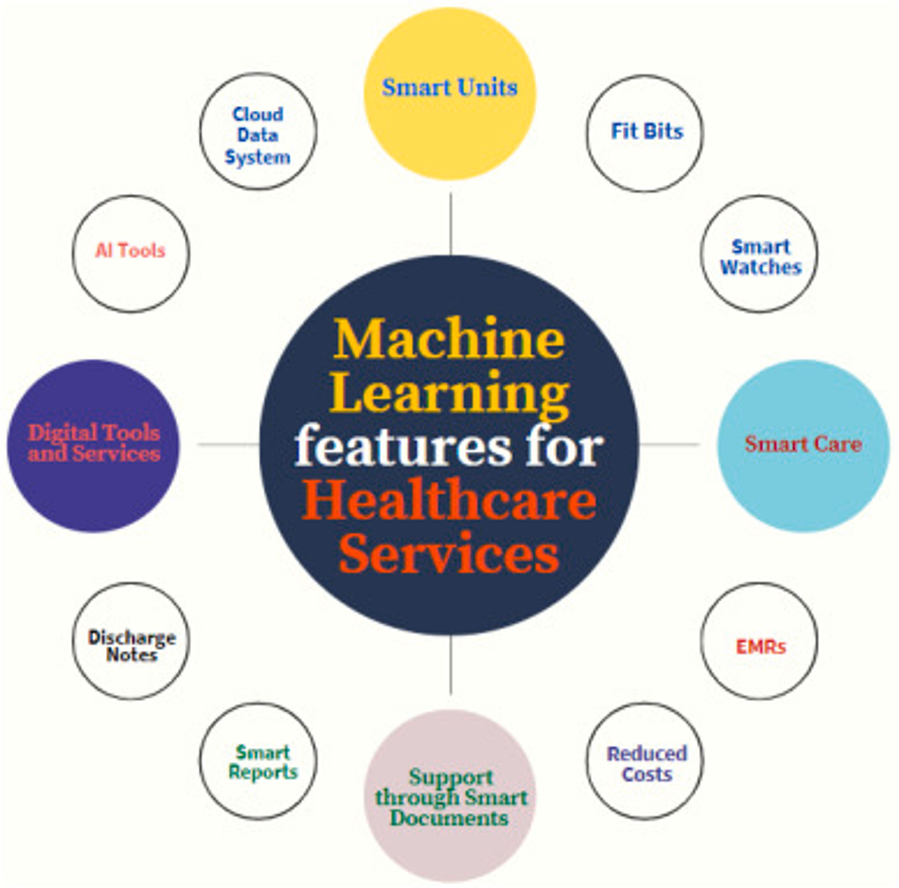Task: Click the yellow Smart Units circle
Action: coord(449,93)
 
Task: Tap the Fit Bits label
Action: coord(647,132)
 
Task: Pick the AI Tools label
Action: coord(130,251)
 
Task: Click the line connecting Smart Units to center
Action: coord(450,223)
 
